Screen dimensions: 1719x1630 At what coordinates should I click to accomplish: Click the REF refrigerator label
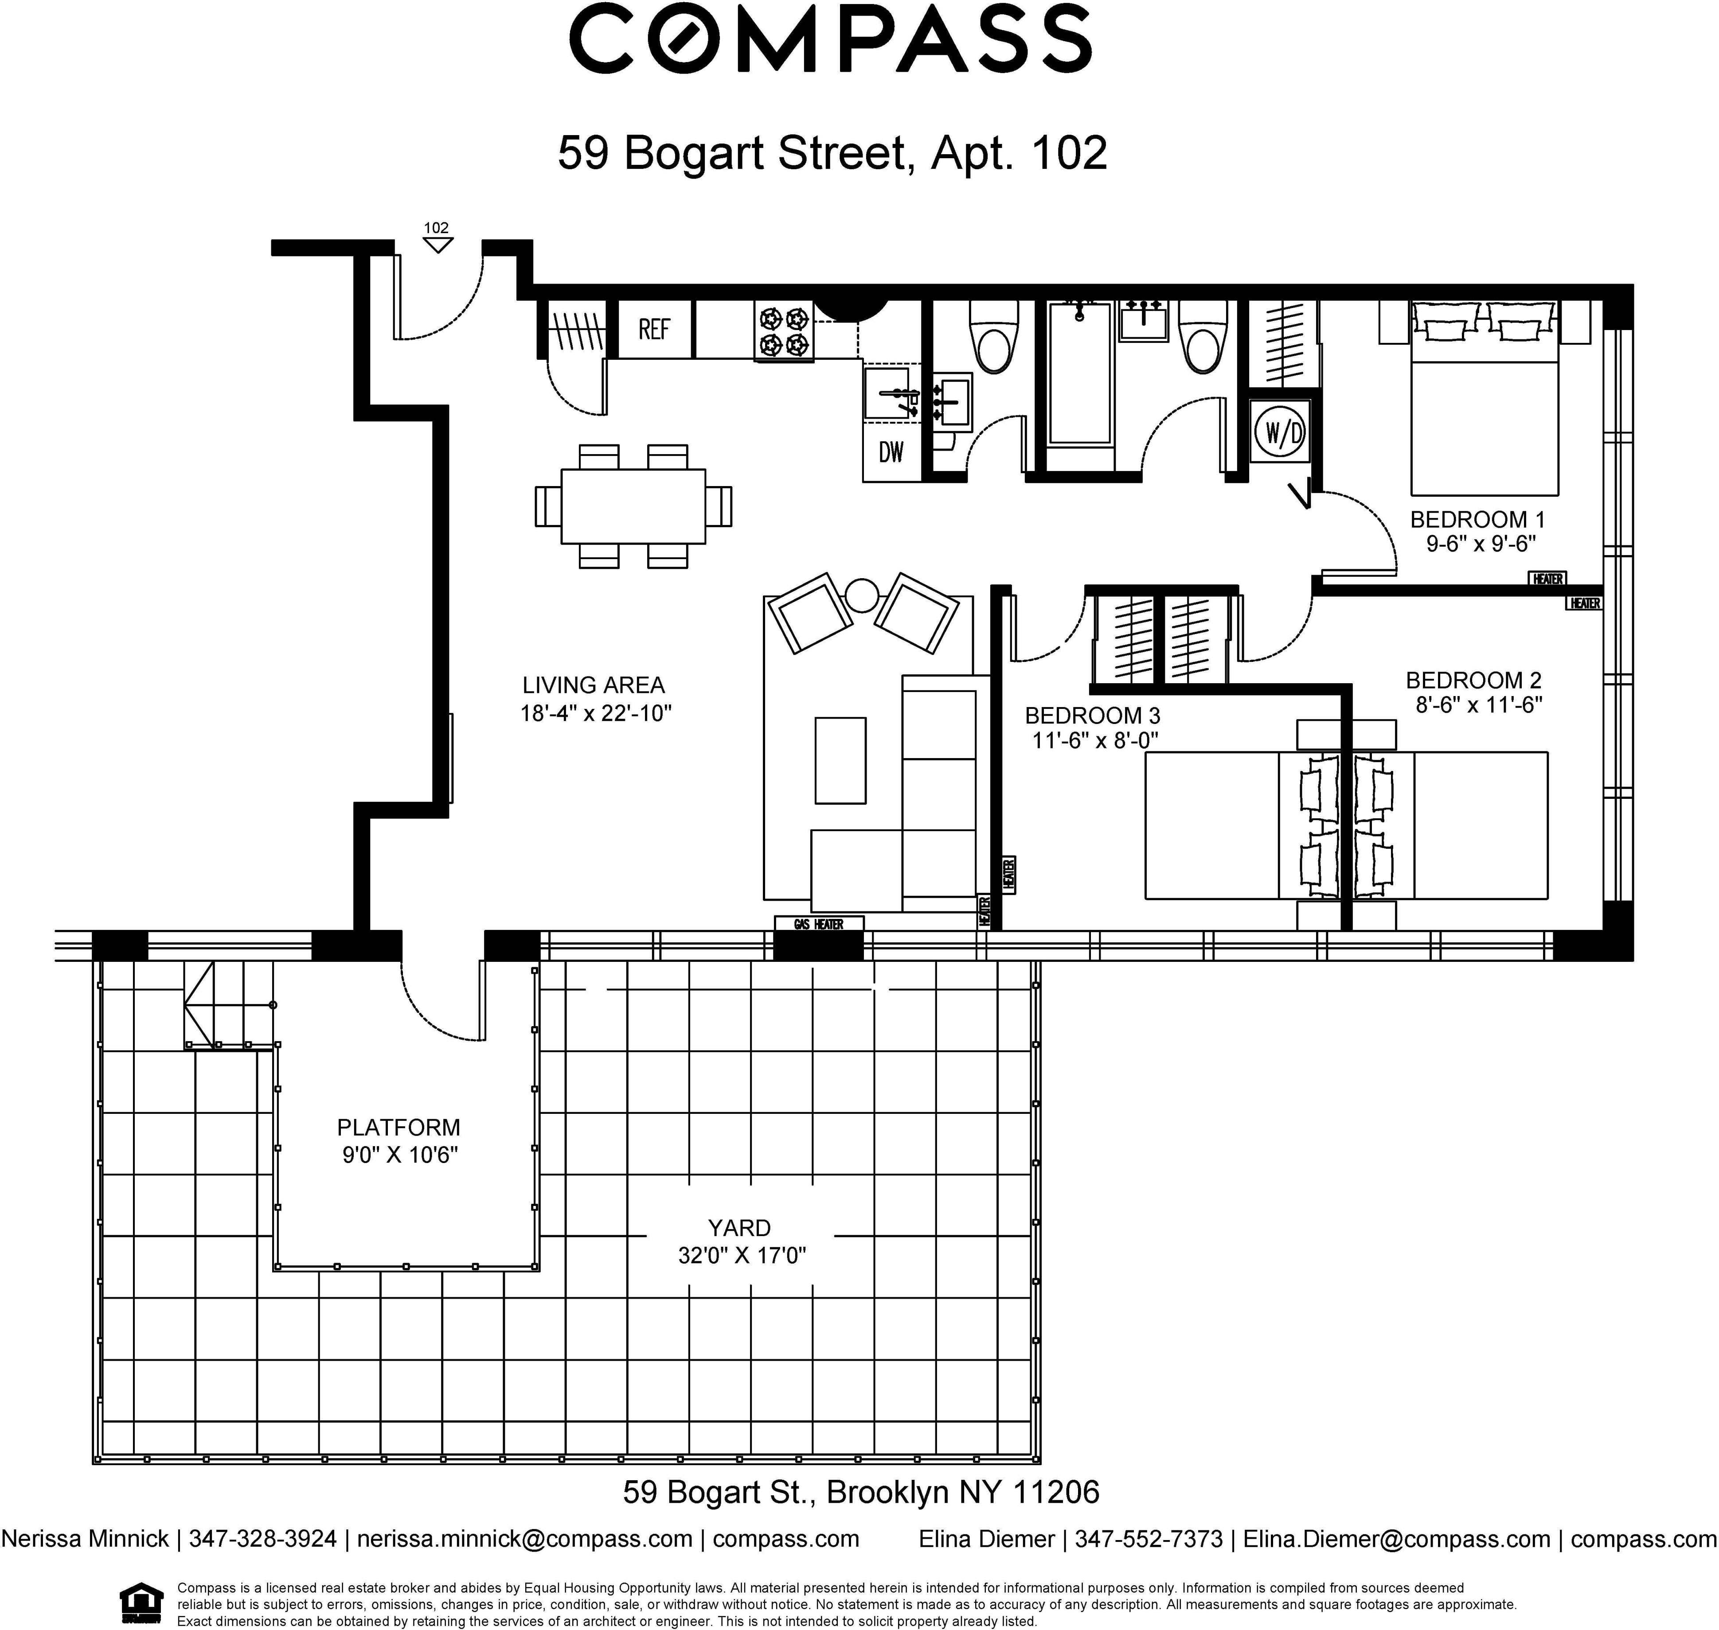point(654,329)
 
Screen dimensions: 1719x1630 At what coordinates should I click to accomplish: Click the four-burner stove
point(784,331)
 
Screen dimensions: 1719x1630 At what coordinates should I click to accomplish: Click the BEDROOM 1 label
point(1477,520)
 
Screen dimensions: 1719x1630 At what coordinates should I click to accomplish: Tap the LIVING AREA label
point(594,685)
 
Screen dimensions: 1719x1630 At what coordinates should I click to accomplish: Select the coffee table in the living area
point(840,760)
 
